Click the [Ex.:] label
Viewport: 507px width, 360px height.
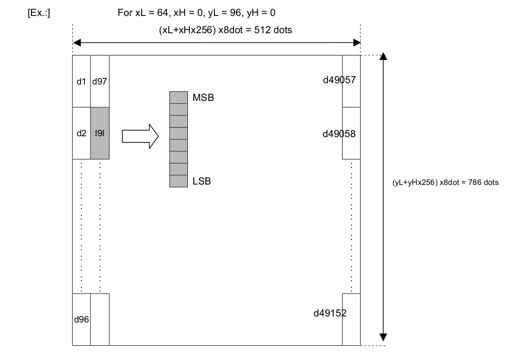(x=39, y=13)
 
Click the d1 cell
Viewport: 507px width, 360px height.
(x=81, y=81)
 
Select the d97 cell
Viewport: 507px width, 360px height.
(x=100, y=81)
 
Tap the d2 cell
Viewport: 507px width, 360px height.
(x=81, y=133)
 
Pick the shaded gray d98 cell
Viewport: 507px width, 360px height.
(x=100, y=133)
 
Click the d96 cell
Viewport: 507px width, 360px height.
(x=81, y=319)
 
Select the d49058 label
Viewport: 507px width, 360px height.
(x=339, y=134)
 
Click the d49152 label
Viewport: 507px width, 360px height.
(x=330, y=313)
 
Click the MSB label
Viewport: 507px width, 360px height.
(x=203, y=98)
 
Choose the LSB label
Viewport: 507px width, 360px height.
(x=202, y=182)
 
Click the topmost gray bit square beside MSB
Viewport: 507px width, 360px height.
(x=178, y=97)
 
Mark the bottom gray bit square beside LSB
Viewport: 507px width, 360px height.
(x=178, y=181)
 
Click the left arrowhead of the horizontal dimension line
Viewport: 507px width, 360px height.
(x=77, y=42)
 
